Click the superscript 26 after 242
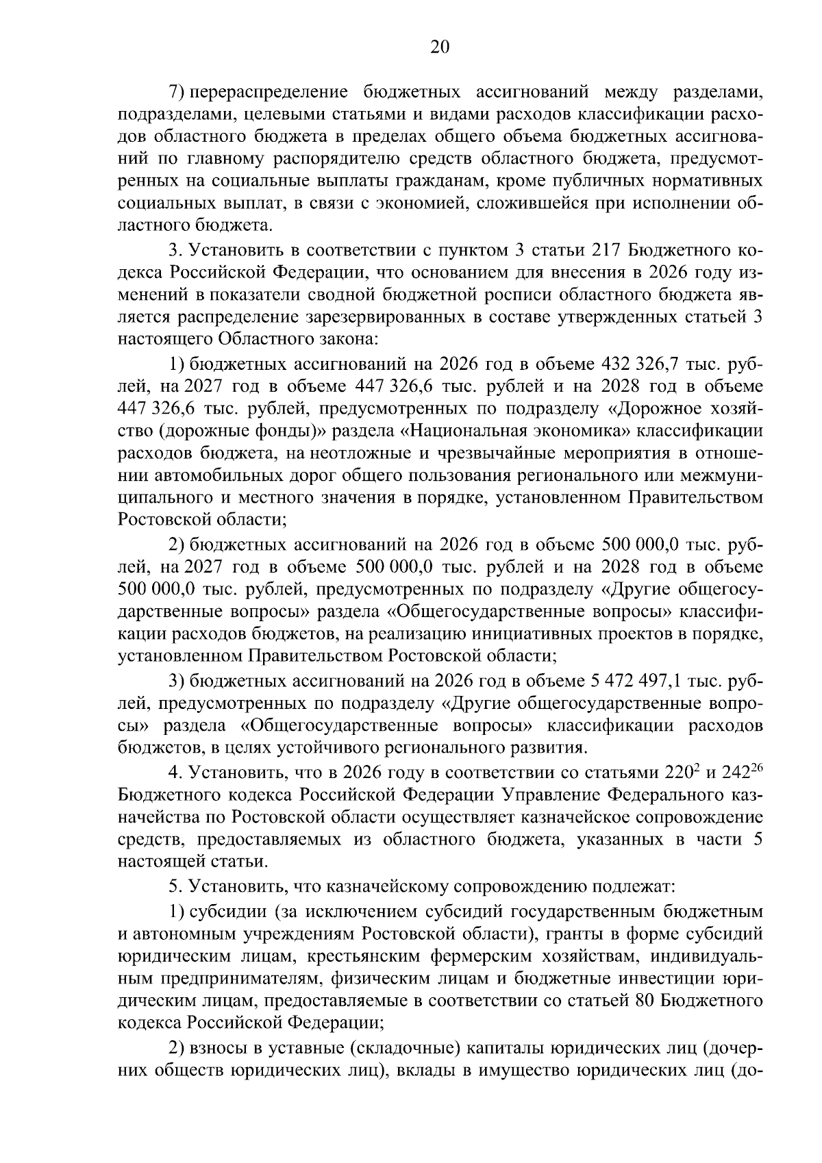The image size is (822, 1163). point(757,768)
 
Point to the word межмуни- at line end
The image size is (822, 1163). point(723,476)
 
